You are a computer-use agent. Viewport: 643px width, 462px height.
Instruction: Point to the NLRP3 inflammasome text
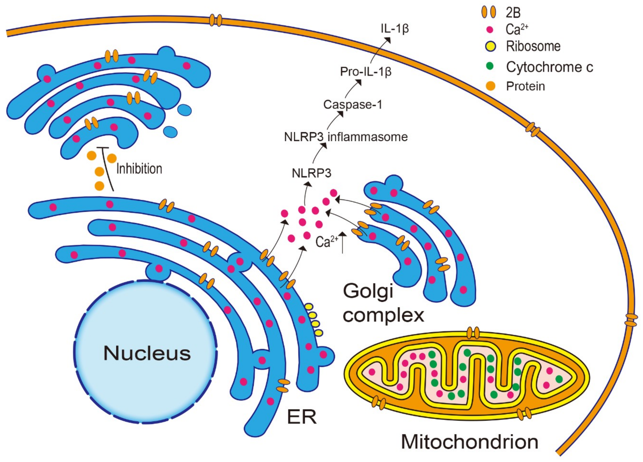point(346,137)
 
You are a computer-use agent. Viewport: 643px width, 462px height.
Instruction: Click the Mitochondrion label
point(469,442)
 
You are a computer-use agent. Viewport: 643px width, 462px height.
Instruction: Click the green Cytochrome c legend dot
point(490,66)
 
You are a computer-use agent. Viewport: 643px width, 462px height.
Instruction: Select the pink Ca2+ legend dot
point(490,29)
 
